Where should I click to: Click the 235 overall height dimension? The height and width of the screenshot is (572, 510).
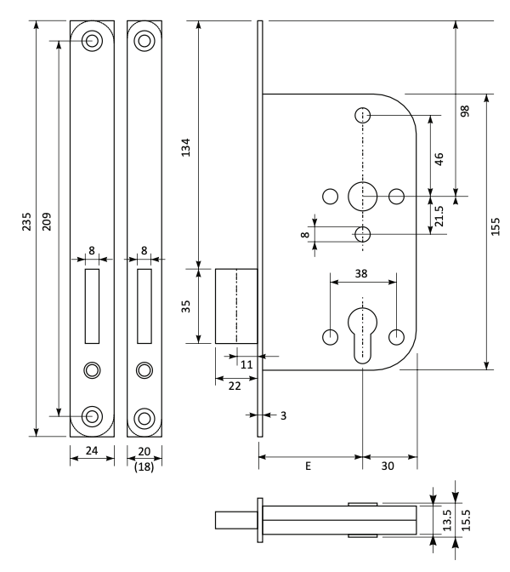(26, 221)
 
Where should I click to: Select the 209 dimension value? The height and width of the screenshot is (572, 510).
(47, 221)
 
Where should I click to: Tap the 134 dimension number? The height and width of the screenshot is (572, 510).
(186, 147)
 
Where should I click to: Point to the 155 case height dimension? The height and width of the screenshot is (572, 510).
(496, 226)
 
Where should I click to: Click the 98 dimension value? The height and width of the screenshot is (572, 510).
(465, 111)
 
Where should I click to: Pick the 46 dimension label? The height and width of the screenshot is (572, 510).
(439, 159)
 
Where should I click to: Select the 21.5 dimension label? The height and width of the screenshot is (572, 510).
(439, 216)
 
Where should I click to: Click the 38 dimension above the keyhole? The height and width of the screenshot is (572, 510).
(361, 273)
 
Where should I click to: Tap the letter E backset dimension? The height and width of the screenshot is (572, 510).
(309, 466)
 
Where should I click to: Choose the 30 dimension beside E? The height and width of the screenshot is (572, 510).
(388, 466)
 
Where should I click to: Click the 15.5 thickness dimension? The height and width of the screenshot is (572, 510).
(467, 520)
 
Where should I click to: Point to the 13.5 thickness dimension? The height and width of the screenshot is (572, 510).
(447, 520)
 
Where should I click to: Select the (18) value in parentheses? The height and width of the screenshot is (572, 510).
(144, 466)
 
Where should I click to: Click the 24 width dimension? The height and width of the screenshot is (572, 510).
(92, 451)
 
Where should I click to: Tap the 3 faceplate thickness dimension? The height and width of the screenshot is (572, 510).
(283, 415)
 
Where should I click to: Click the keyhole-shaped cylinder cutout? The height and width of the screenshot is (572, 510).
(362, 335)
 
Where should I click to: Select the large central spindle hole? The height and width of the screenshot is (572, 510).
(362, 197)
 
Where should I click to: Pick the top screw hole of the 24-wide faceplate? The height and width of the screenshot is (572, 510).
(92, 40)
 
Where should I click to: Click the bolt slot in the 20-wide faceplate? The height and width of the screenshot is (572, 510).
(144, 306)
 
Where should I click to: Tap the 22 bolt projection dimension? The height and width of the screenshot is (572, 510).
(235, 386)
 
